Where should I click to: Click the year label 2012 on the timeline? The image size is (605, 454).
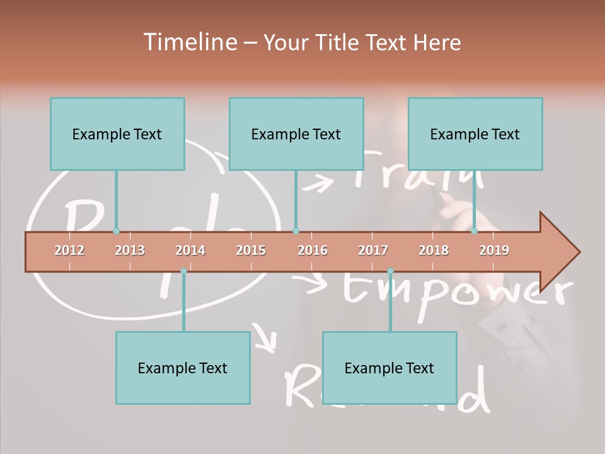pos(69,250)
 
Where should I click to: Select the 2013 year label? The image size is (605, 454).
pos(130,250)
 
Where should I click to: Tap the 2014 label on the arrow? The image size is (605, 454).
pos(190,250)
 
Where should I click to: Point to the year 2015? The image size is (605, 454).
pos(251,250)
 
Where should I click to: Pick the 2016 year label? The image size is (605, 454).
pos(313,250)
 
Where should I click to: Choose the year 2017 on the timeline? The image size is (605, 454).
pos(373,250)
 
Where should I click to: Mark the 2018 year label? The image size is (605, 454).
pos(434,250)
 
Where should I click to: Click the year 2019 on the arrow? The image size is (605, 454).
pos(494,250)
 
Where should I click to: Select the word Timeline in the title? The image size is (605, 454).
pos(189,42)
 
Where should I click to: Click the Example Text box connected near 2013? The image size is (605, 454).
pos(117,134)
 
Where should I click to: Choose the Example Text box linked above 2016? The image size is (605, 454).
pos(296,134)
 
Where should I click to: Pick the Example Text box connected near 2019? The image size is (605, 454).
pos(475,134)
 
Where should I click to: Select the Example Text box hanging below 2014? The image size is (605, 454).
pos(183,368)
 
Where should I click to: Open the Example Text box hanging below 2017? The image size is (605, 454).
pos(389,368)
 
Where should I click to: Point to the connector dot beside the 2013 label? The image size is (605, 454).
pos(116,231)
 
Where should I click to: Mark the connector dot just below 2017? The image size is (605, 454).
pos(390,271)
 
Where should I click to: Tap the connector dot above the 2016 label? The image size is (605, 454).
pos(296,231)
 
